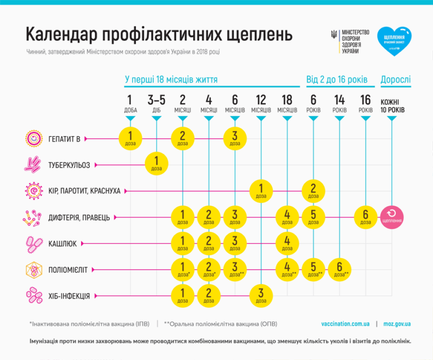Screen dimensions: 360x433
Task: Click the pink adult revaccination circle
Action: [x=392, y=217]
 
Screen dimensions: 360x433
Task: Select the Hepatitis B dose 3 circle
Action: [x=235, y=138]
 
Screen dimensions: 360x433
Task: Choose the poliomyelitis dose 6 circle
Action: [x=340, y=269]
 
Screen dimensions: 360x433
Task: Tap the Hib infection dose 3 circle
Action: [x=260, y=296]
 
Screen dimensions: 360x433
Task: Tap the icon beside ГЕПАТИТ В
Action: [x=34, y=138]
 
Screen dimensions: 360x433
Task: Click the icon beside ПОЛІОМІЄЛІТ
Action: [x=34, y=270]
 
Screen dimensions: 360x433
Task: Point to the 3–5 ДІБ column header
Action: [x=156, y=104]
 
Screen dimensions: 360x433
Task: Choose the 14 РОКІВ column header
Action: [x=340, y=104]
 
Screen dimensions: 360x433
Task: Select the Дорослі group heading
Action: [x=396, y=79]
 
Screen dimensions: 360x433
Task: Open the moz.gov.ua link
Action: [x=397, y=323]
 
